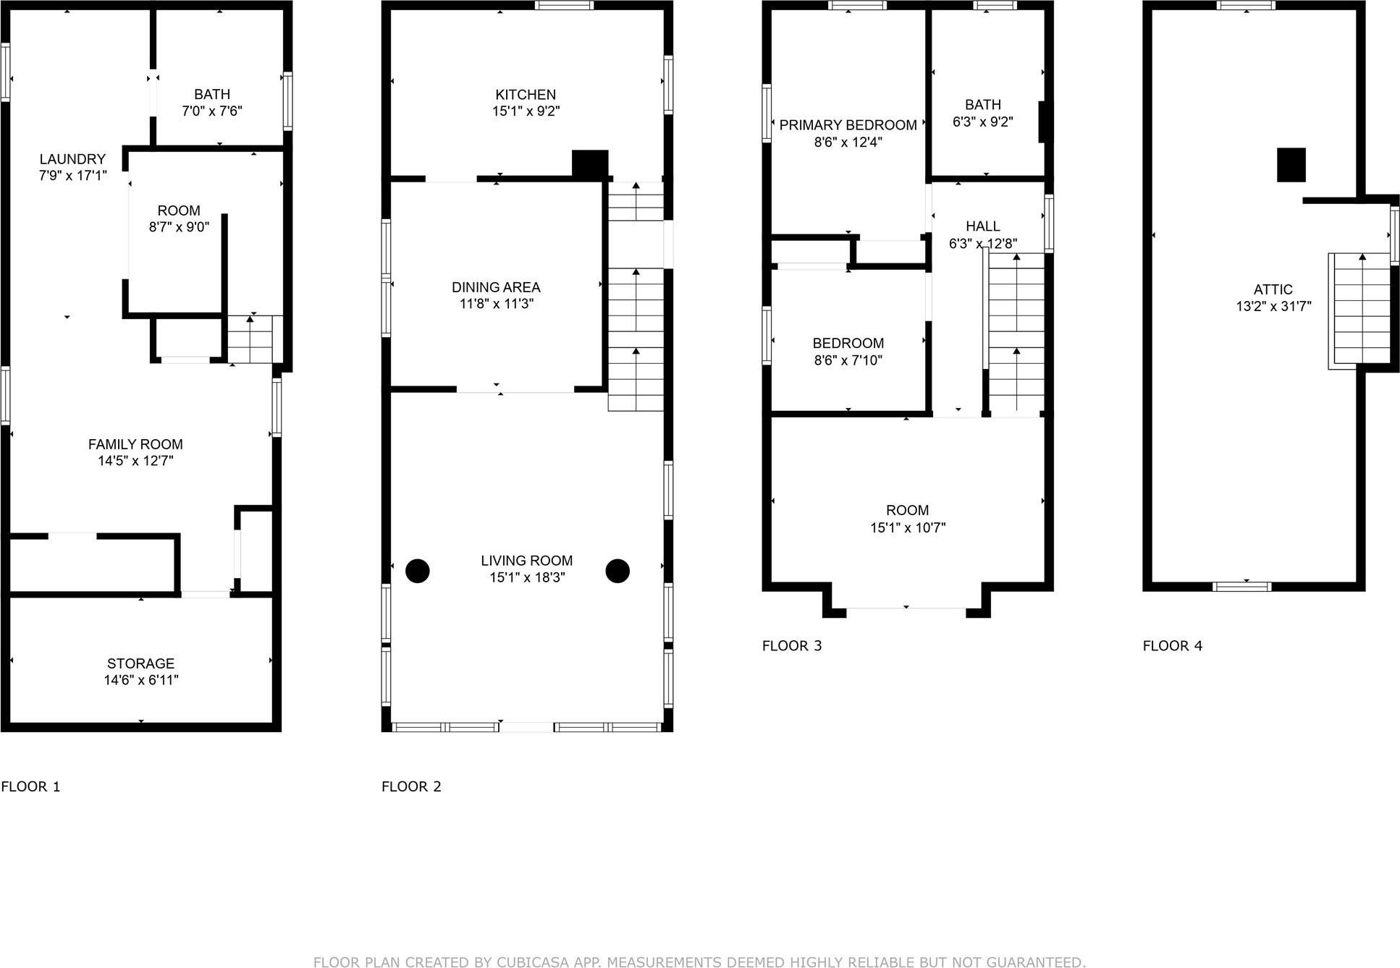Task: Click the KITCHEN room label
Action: coord(526,95)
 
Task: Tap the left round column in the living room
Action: coord(418,571)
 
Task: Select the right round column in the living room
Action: coord(617,571)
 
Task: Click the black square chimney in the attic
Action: coord(1291,165)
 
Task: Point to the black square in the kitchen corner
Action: coord(590,164)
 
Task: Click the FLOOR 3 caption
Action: coord(792,646)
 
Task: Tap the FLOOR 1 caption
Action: coord(31,786)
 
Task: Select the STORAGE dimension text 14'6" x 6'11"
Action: coord(141,680)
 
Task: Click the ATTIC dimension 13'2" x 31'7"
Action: coord(1273,306)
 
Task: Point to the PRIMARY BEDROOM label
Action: coord(848,125)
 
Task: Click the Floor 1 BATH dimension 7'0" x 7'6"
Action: coord(211,111)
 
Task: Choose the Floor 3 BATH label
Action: coord(982,105)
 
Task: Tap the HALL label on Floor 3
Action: coord(982,226)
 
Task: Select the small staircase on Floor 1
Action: coord(250,339)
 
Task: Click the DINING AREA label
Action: coord(496,287)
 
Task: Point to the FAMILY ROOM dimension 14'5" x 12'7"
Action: coord(135,461)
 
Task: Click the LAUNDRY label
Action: coord(72,159)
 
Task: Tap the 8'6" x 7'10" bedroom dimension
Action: coord(848,360)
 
